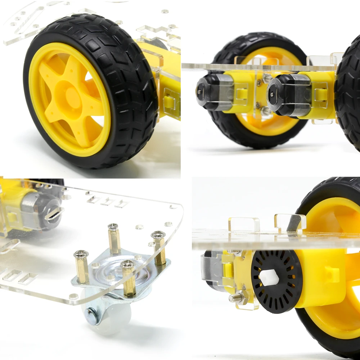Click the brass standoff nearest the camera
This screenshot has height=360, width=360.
tap(129, 279)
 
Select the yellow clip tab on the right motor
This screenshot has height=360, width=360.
tap(321, 95)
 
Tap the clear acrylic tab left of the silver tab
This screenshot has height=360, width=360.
tap(244, 224)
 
